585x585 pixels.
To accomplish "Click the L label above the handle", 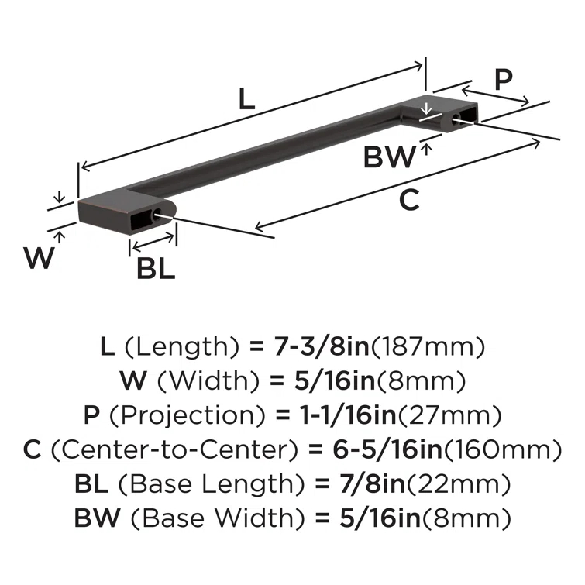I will pos(246,98).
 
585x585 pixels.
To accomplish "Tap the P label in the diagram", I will pos(504,81).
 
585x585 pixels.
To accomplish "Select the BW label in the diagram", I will pos(389,158).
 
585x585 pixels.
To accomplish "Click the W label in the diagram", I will pos(39,257).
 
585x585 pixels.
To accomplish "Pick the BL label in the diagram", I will pos(156,268).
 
